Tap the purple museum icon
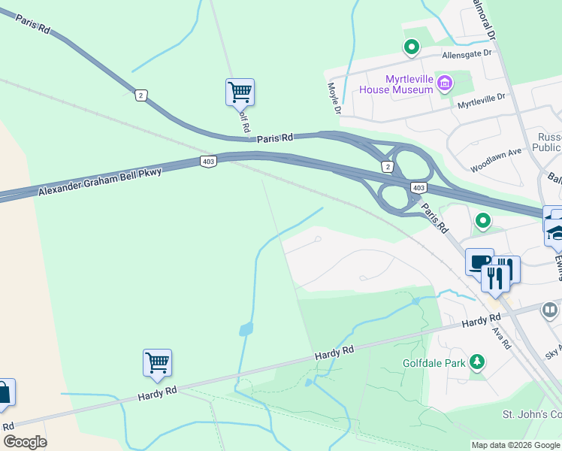445,82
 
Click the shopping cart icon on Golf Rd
240,92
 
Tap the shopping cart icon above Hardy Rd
157,363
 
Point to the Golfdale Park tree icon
476,362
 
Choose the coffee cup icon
479,262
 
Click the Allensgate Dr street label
465,54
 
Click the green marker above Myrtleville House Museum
411,47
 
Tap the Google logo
25,442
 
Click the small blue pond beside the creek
245,329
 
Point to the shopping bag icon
4,393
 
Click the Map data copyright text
515,445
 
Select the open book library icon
550,309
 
